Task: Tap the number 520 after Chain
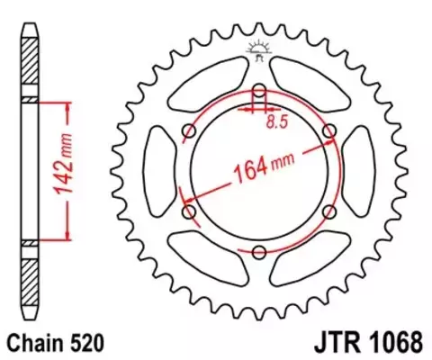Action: pos(86,343)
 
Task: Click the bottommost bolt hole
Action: pos(259,251)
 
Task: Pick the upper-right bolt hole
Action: pos(329,131)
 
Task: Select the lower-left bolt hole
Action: pos(190,211)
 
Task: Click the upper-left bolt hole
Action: pos(190,131)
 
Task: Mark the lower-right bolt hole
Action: pos(329,211)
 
